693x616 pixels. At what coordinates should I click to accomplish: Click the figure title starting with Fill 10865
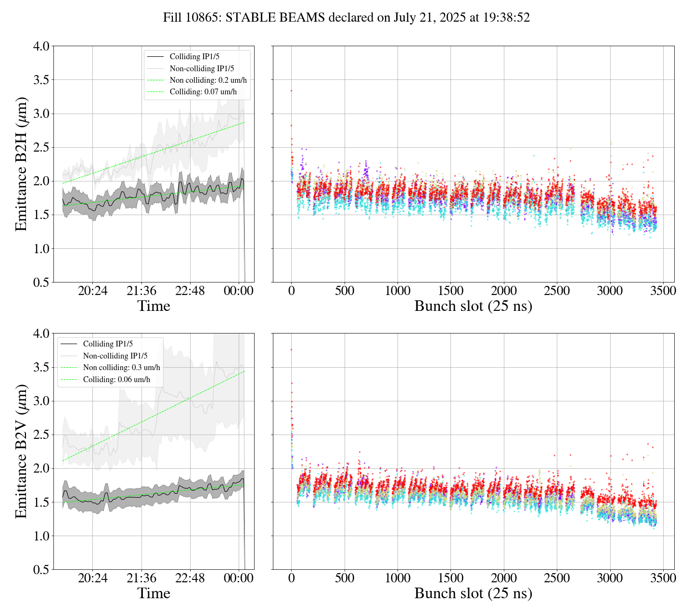[x=346, y=18]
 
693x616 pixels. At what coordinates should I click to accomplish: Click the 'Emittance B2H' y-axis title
[x=21, y=164]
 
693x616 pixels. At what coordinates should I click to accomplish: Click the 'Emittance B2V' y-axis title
[x=21, y=451]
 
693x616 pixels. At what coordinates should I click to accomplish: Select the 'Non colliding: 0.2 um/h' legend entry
[x=208, y=80]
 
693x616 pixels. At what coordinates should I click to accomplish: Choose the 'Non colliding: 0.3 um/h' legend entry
[x=121, y=368]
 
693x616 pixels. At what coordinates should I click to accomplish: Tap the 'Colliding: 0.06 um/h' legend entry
[x=116, y=379]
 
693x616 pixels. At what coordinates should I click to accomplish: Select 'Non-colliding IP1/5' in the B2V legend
[x=115, y=356]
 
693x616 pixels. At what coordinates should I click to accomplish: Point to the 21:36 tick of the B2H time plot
[x=141, y=291]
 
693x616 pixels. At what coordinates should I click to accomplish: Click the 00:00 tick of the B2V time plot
[x=239, y=578]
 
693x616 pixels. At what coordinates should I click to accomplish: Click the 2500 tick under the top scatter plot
[x=557, y=291]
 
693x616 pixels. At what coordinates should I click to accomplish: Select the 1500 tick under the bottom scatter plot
[x=450, y=578]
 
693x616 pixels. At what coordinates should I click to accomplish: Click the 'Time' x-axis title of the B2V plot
[x=154, y=593]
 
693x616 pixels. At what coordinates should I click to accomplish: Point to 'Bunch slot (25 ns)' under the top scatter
[x=473, y=306]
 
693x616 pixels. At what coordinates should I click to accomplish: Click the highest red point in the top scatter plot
[x=291, y=90]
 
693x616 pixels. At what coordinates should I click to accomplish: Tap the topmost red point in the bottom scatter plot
[x=291, y=349]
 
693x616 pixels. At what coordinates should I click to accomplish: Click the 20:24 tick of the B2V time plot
[x=93, y=578]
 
